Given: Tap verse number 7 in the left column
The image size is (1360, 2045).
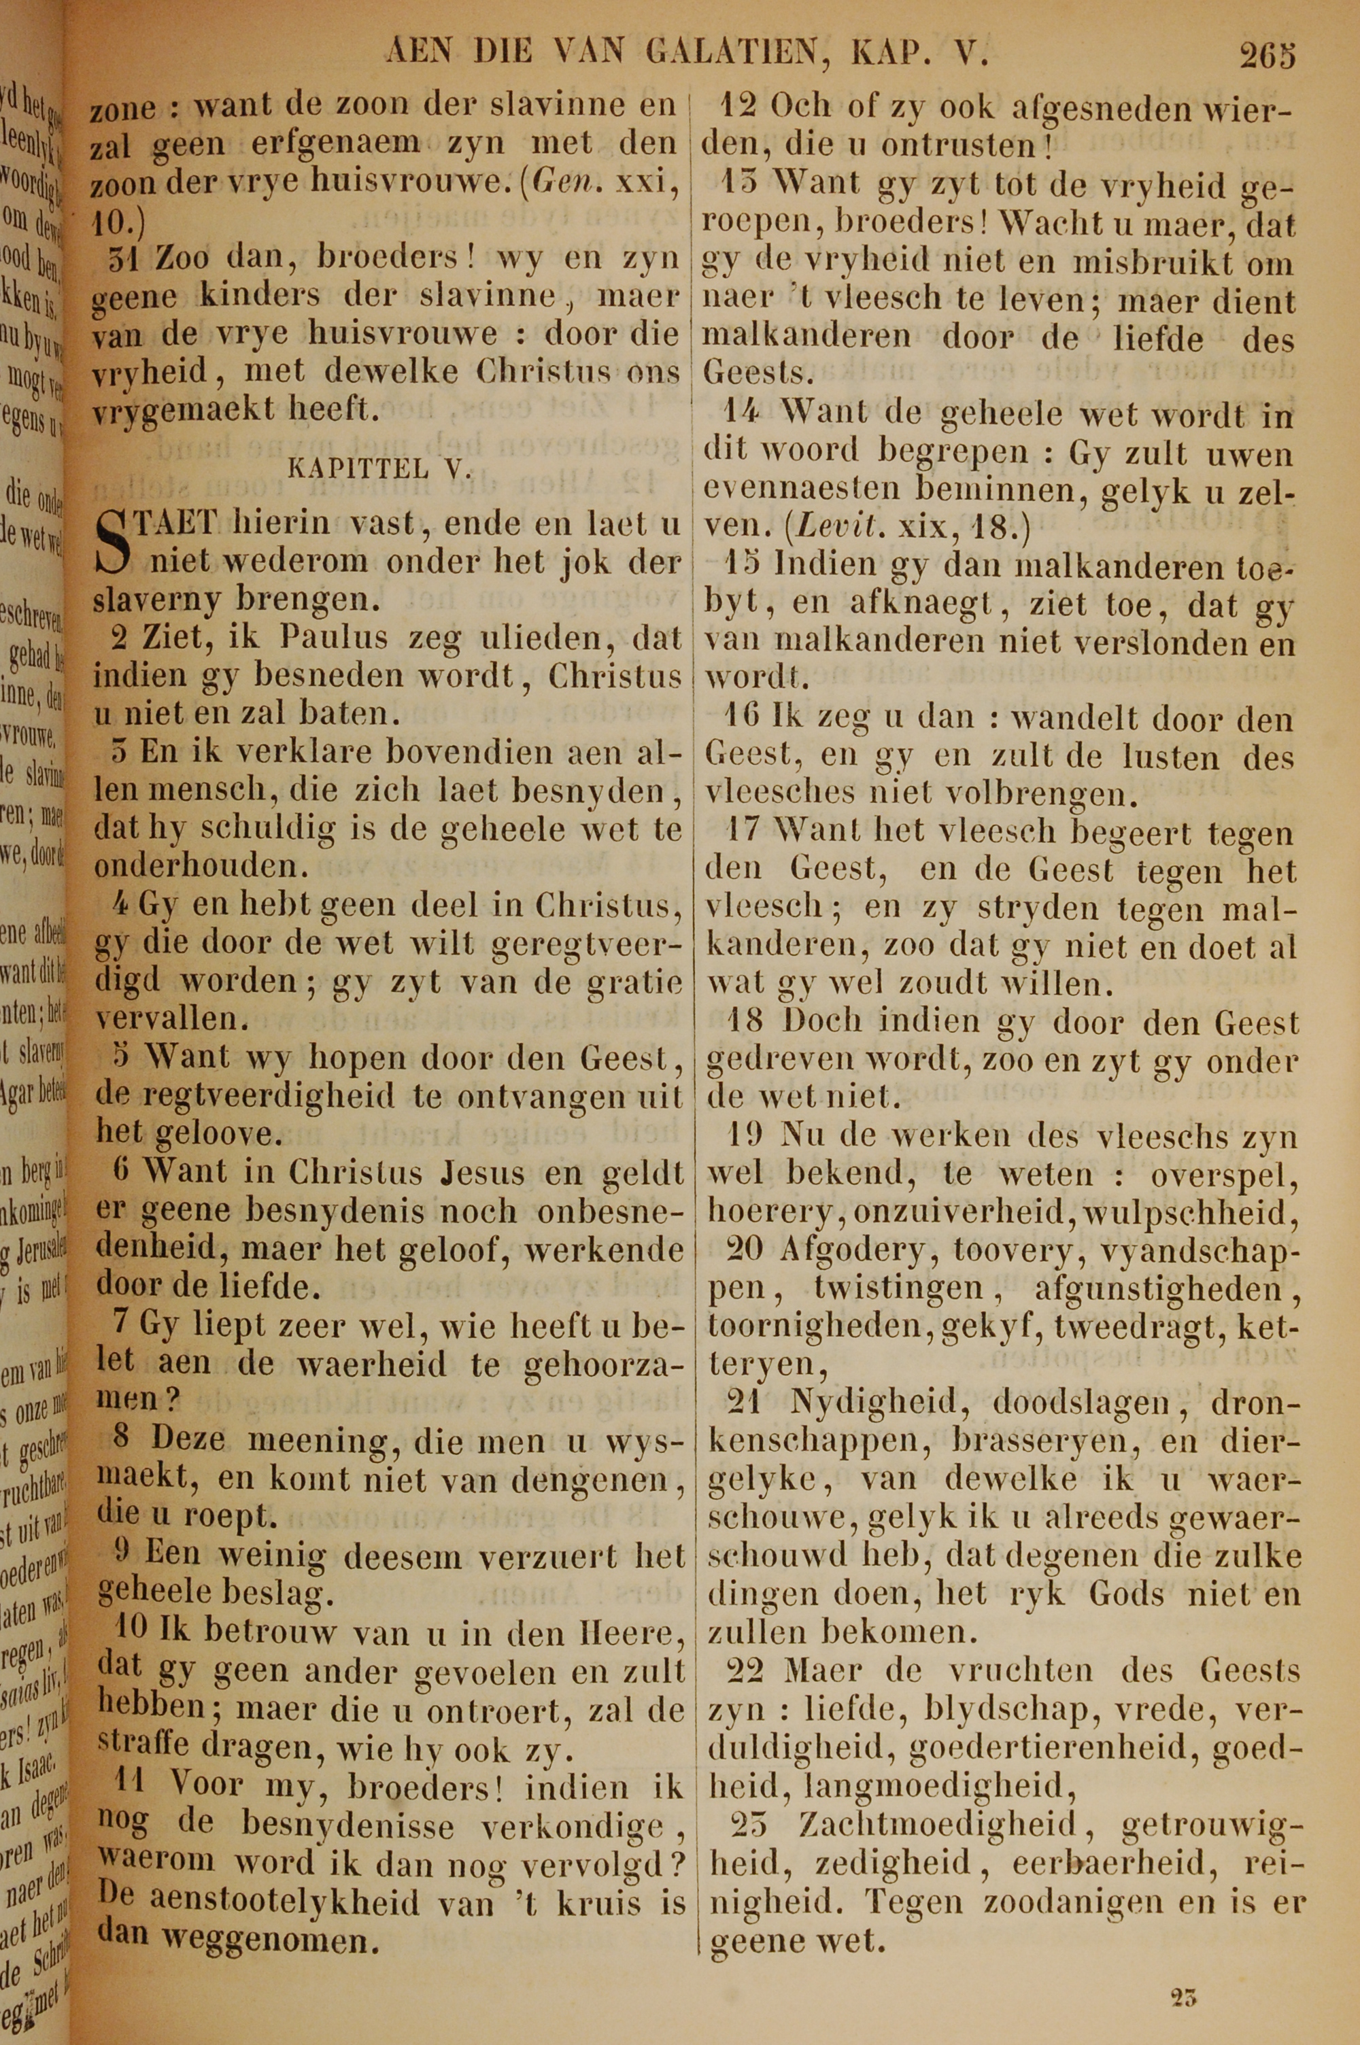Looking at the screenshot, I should [122, 1324].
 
